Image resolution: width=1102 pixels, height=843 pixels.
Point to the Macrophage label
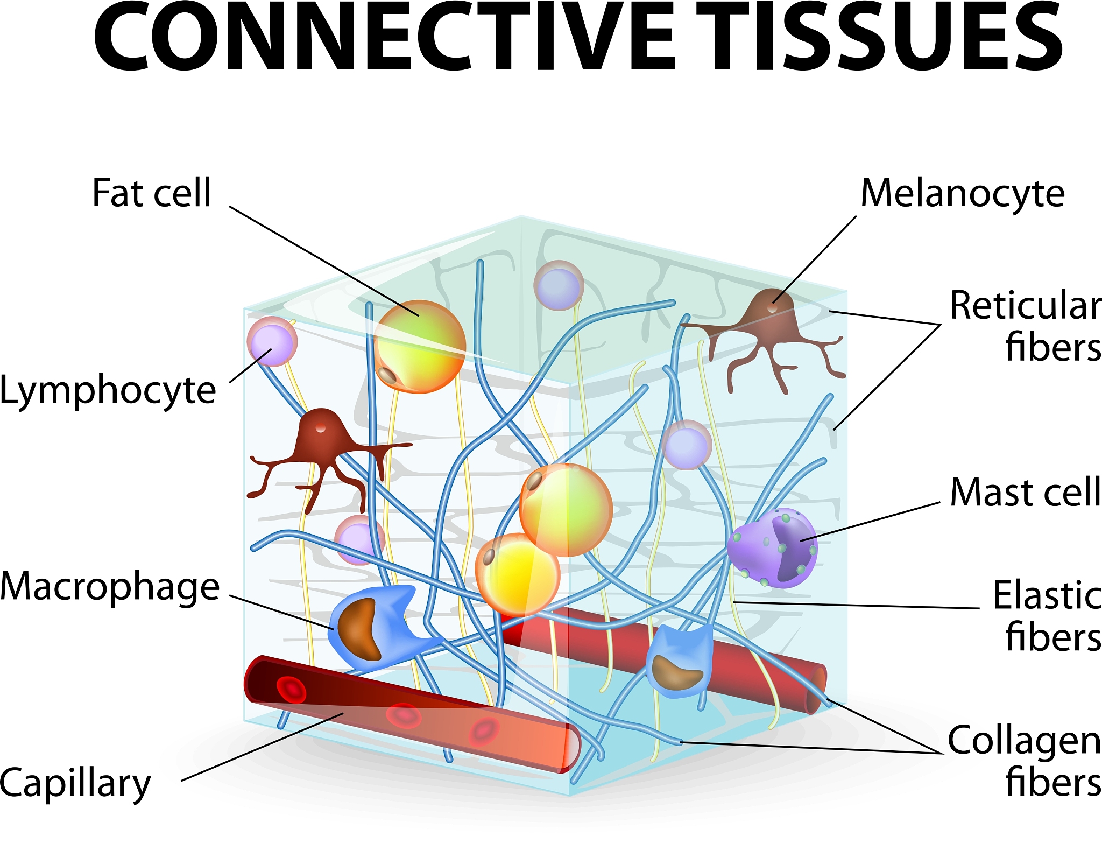tap(110, 586)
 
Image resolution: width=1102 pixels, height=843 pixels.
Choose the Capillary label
tap(75, 783)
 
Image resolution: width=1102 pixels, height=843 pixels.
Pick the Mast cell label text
tap(1025, 492)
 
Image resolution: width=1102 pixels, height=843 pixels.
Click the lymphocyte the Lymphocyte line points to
tap(272, 342)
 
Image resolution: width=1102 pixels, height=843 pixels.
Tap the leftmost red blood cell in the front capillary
tap(291, 690)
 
